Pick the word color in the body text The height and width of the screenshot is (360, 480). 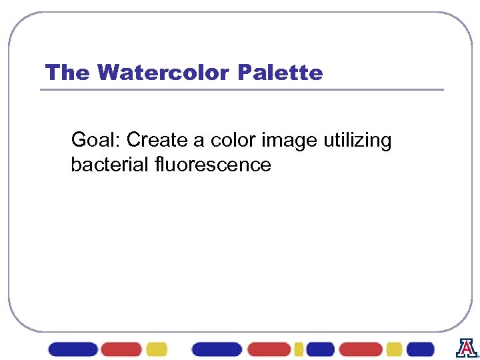point(233,141)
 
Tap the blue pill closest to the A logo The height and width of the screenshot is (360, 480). point(420,349)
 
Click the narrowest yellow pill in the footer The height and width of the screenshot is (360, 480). point(298,349)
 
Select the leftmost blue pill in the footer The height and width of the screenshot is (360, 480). point(73,349)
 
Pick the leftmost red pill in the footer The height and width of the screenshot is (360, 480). point(121,349)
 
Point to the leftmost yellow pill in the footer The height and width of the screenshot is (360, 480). point(157,349)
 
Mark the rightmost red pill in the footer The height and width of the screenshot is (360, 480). point(361,349)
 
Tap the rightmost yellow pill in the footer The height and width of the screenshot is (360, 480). point(394,349)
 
